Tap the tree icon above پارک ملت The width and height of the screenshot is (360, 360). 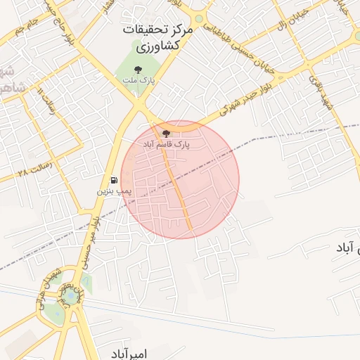click(138, 70)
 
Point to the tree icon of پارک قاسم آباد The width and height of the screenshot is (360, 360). click(166, 133)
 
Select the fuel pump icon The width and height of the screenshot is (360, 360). click(114, 180)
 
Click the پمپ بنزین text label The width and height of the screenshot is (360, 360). click(112, 191)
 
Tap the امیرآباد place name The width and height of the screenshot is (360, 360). click(129, 352)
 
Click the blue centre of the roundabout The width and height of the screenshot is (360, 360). click(70, 298)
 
